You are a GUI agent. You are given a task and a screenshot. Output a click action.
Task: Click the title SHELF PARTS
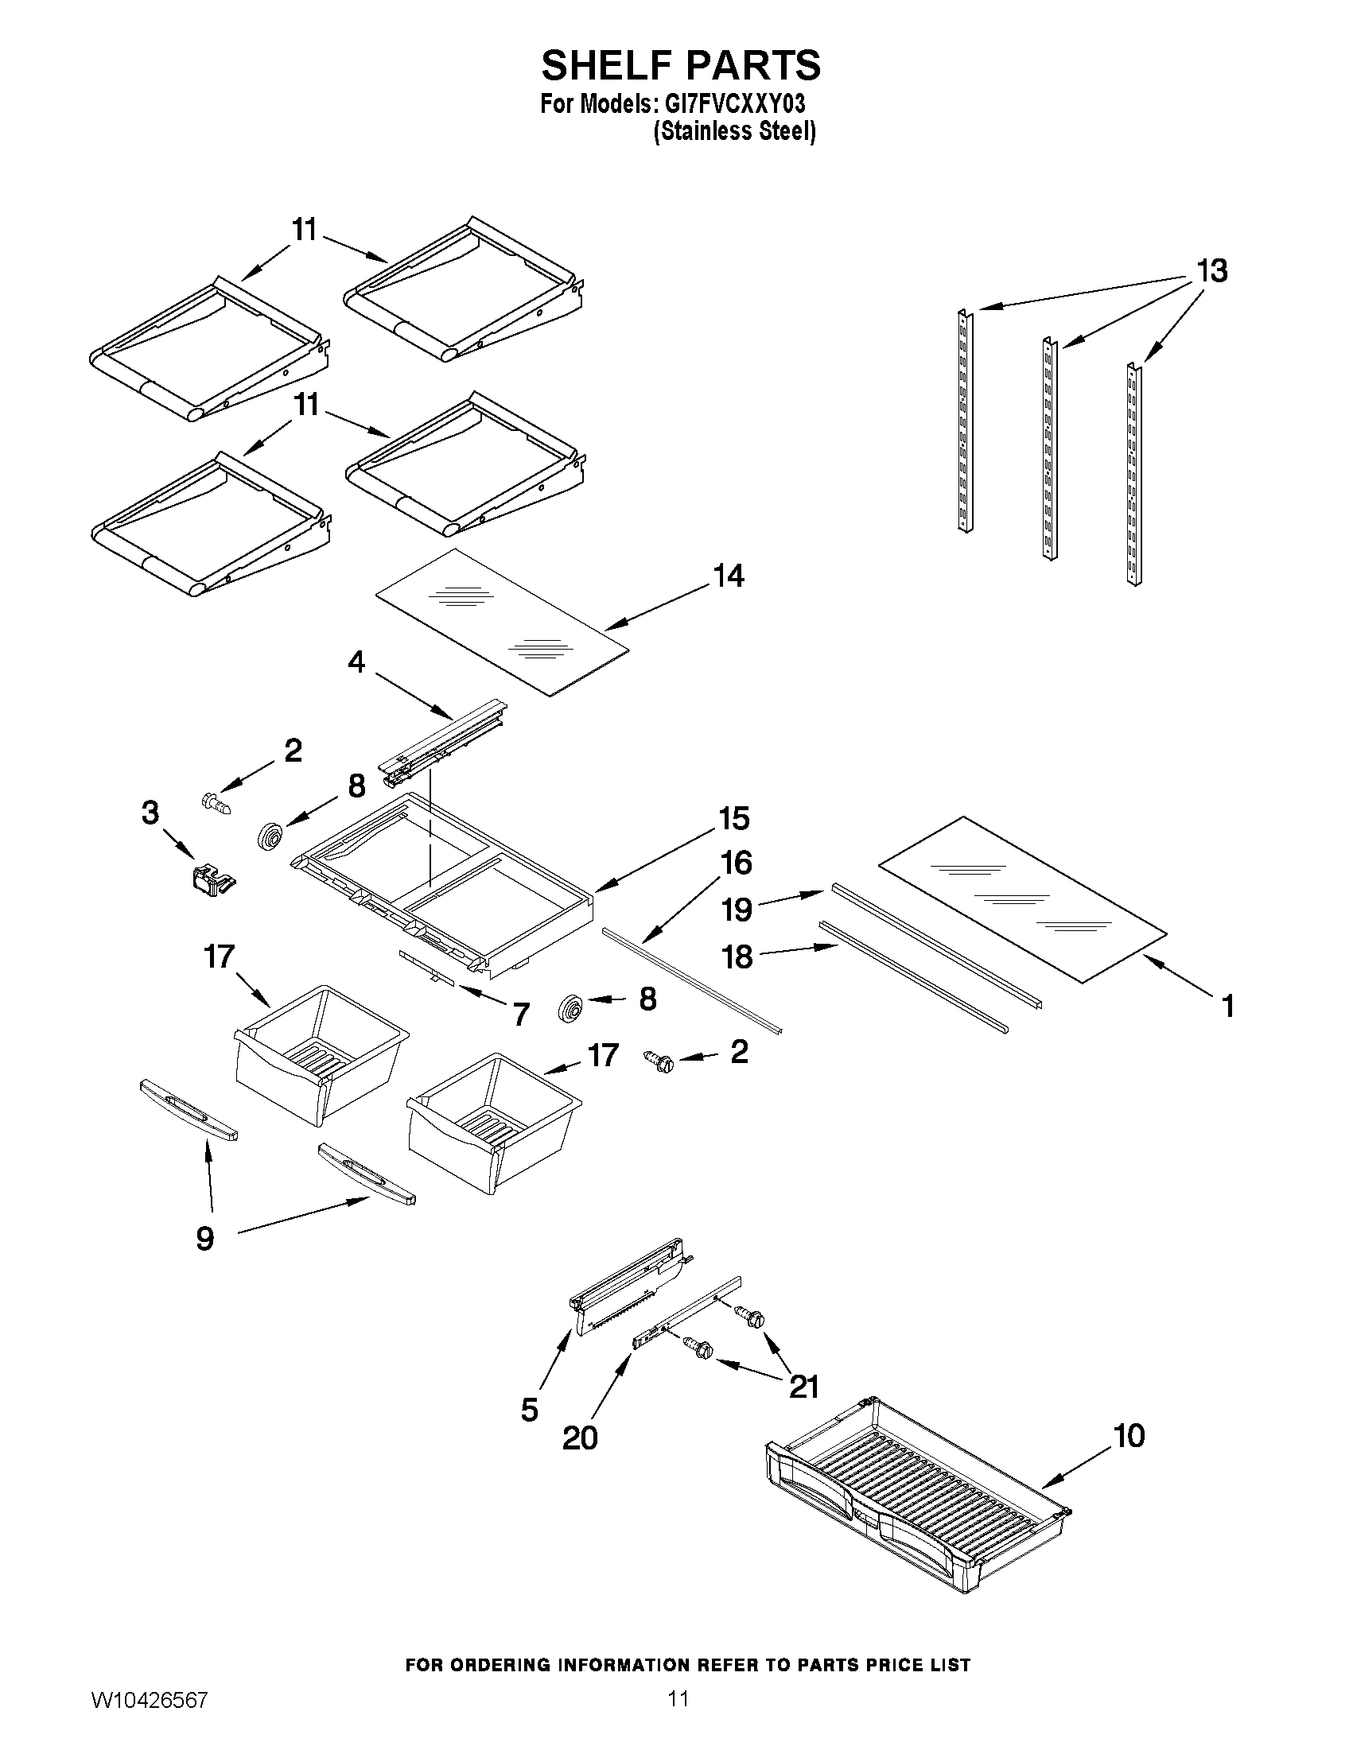click(x=681, y=65)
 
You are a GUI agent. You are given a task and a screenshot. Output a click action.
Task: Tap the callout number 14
click(x=729, y=576)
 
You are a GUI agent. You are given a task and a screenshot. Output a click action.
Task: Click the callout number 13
click(x=1211, y=271)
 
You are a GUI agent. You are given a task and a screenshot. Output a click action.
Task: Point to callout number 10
click(x=1129, y=1435)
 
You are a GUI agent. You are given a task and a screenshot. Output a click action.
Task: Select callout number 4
click(x=356, y=661)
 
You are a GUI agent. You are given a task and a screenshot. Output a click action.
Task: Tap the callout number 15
click(x=733, y=818)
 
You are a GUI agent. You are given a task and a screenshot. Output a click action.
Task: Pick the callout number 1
click(x=1227, y=1006)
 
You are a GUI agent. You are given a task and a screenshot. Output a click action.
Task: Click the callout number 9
click(x=205, y=1239)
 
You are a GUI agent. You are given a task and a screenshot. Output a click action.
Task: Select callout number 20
click(x=580, y=1438)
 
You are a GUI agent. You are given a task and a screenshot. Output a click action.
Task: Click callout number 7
click(x=521, y=1015)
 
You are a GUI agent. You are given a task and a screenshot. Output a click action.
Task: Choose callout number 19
click(x=737, y=910)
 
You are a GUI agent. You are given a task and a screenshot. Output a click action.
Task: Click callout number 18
click(x=737, y=956)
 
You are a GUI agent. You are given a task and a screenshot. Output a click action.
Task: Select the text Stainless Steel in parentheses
click(x=734, y=131)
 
